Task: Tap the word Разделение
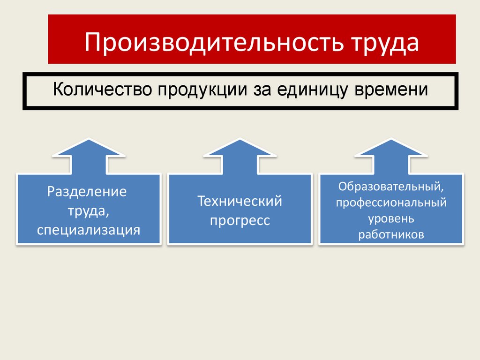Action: pyautogui.click(x=88, y=192)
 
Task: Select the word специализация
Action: pyautogui.click(x=89, y=230)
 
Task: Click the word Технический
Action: pyautogui.click(x=240, y=202)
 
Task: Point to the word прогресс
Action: pyautogui.click(x=240, y=221)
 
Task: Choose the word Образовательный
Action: pyautogui.click(x=391, y=187)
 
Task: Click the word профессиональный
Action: pyautogui.click(x=391, y=203)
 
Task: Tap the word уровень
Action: pyautogui.click(x=391, y=219)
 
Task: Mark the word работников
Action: pyautogui.click(x=391, y=234)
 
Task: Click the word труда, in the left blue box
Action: pyautogui.click(x=89, y=211)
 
